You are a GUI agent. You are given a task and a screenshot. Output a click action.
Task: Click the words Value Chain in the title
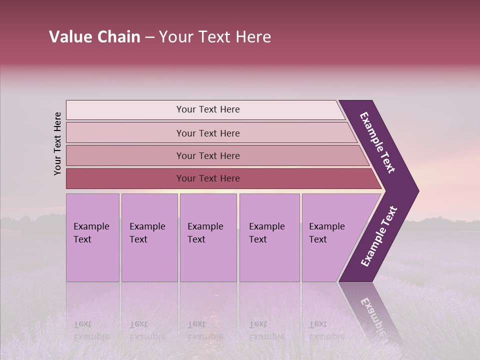tap(94, 37)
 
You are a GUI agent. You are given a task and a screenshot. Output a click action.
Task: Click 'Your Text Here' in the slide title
tap(215, 37)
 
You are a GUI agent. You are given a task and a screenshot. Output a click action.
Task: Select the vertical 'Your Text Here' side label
tap(57, 143)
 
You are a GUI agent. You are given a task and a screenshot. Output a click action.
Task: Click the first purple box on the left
tap(92, 237)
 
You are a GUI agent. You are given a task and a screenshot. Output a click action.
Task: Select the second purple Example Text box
tap(149, 237)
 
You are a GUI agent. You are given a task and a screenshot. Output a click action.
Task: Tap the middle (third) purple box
tap(208, 237)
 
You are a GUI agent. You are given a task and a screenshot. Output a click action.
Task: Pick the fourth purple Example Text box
tap(269, 237)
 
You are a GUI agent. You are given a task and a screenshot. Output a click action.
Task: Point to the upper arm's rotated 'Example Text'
tap(377, 142)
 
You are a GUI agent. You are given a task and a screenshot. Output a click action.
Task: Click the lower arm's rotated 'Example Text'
tap(379, 236)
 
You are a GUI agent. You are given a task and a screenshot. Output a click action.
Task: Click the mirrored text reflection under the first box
tap(91, 330)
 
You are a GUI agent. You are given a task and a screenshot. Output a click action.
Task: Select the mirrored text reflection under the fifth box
tap(326, 330)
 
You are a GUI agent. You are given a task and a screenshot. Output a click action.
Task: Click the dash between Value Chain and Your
tap(149, 37)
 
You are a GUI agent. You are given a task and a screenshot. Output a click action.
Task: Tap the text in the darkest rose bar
tap(208, 178)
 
